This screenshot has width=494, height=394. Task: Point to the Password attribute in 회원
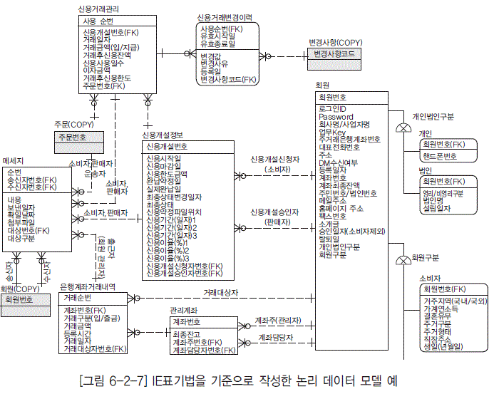pyautogui.click(x=336, y=116)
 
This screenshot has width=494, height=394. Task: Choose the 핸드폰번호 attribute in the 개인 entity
pyautogui.click(x=440, y=155)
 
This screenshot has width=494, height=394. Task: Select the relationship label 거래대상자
pyautogui.click(x=220, y=293)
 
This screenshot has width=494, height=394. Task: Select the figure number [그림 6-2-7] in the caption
pyautogui.click(x=115, y=380)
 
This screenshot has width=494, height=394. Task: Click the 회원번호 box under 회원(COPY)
pyautogui.click(x=21, y=299)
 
